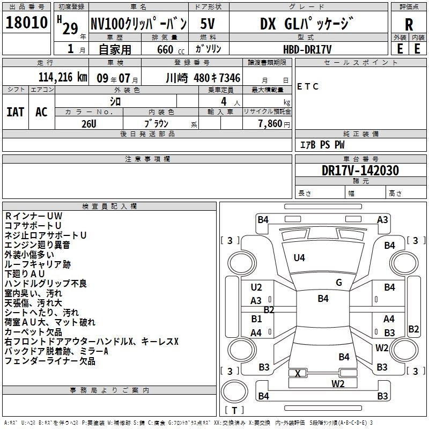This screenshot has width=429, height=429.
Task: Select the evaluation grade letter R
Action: pyautogui.click(x=409, y=25)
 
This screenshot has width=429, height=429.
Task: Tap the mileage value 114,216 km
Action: pyautogui.click(x=63, y=78)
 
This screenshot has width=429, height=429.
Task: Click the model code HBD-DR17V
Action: pyautogui.click(x=307, y=49)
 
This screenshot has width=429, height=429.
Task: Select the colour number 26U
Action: pyautogui.click(x=88, y=123)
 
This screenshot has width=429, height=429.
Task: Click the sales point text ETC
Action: pyautogui.click(x=308, y=87)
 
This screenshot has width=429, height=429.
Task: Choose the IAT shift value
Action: pyautogui.click(x=15, y=112)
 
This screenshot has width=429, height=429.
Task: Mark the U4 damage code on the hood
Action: pyautogui.click(x=299, y=258)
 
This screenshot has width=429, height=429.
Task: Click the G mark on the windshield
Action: pyautogui.click(x=339, y=283)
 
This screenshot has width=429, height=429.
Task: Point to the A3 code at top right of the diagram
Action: pyautogui.click(x=382, y=219)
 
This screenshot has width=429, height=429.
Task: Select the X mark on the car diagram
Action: pyautogui.click(x=298, y=373)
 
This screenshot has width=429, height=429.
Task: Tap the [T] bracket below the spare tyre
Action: pyautogui.click(x=234, y=410)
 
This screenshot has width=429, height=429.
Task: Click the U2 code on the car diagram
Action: pyautogui.click(x=256, y=287)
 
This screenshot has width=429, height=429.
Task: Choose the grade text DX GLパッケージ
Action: pyautogui.click(x=307, y=24)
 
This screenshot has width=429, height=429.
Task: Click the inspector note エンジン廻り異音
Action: pyautogui.click(x=37, y=245)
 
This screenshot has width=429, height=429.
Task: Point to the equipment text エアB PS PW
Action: pyautogui.click(x=322, y=145)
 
